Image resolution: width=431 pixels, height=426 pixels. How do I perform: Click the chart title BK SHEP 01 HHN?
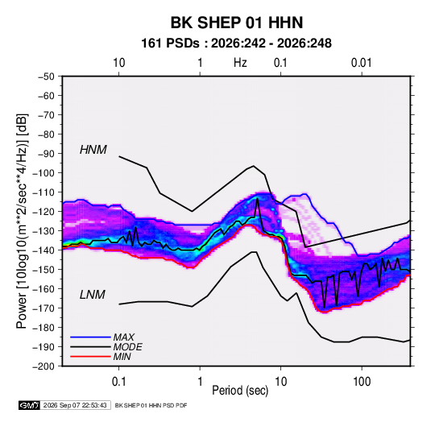(x=237, y=23)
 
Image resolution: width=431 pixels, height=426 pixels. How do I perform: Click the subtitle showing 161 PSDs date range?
(x=236, y=43)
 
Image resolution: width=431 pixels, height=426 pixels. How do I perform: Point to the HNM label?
(x=93, y=150)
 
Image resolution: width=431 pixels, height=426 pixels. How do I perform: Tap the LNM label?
(x=93, y=295)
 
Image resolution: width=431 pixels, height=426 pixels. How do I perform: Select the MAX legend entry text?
(x=124, y=337)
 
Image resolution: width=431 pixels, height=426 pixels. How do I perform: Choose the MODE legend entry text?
(x=127, y=347)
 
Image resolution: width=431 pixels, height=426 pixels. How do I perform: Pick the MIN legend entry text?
(x=122, y=357)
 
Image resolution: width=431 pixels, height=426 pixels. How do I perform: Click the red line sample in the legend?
(x=90, y=357)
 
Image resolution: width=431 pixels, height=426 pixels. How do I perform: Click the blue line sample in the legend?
(x=90, y=337)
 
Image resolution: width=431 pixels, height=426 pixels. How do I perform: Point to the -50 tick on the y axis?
(x=46, y=77)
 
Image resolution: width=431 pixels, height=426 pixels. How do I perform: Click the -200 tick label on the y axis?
(x=44, y=366)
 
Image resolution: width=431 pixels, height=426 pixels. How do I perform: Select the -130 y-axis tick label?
(x=44, y=231)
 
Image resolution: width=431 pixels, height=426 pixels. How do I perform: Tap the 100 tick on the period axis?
(x=362, y=382)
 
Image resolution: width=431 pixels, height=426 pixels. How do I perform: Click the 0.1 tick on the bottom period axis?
(x=118, y=382)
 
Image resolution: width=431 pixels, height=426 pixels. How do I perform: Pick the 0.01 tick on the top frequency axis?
(x=361, y=63)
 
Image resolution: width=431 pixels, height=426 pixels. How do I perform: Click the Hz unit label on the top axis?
(x=240, y=63)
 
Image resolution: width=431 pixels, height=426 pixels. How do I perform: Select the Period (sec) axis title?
(x=240, y=391)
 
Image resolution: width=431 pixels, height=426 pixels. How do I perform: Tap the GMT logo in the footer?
(x=29, y=405)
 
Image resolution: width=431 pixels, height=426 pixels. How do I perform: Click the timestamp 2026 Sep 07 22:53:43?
(x=75, y=405)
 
